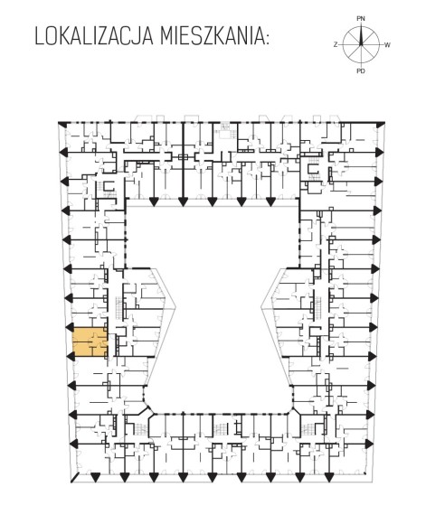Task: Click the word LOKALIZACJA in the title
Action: [94, 36]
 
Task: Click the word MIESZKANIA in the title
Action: [211, 36]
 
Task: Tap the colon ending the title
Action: [266, 39]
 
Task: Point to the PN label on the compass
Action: [360, 19]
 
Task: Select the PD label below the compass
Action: [360, 70]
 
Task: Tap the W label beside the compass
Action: [387, 45]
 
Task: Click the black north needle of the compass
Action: [361, 35]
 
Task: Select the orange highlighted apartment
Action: [90, 342]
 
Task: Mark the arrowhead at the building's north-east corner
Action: [380, 125]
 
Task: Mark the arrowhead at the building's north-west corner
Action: [62, 125]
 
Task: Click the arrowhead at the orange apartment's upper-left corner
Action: [71, 326]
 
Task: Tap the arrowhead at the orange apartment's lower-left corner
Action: [71, 356]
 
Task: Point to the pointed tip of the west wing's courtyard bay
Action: [176, 307]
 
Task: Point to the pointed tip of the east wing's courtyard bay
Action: [261, 308]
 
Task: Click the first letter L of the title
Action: [40, 36]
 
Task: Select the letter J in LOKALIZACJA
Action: [138, 36]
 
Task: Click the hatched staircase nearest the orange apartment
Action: [119, 307]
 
